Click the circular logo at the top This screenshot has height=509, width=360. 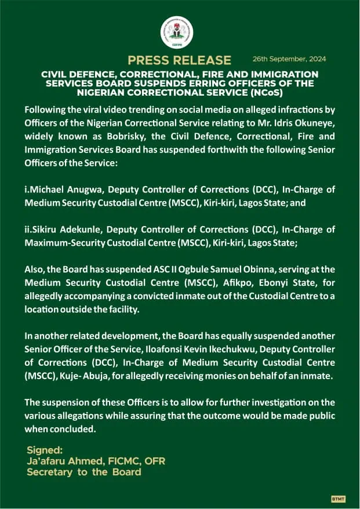[x=177, y=32]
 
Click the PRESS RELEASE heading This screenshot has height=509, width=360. [x=179, y=60]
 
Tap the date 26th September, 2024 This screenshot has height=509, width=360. [x=289, y=59]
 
